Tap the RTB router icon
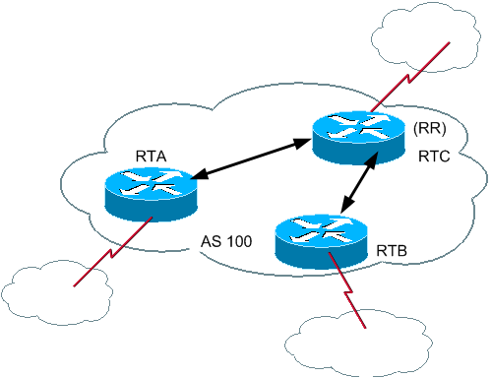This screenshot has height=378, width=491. click(322, 238)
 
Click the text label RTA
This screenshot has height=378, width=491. click(153, 157)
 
